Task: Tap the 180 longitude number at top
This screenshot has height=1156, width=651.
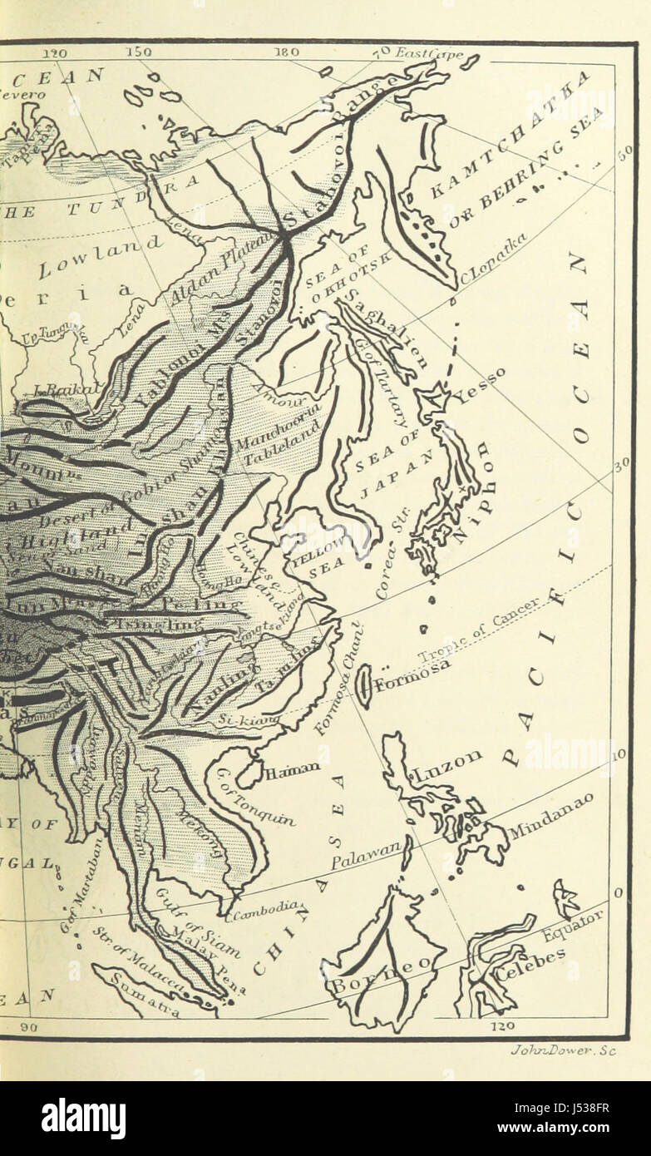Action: tap(287, 52)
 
